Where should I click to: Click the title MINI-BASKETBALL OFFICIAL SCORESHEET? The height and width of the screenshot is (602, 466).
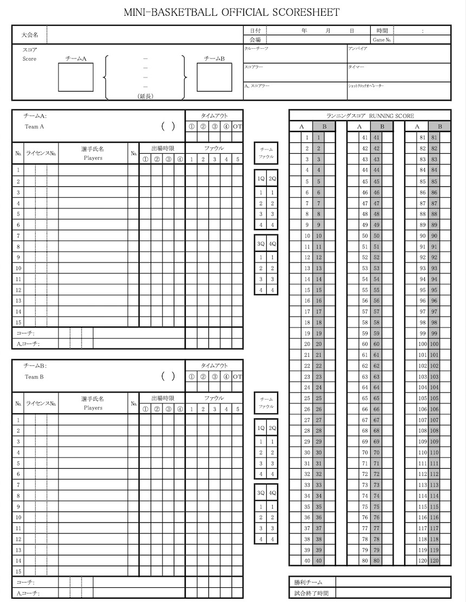click(232, 12)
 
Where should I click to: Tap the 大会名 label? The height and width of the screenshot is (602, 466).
click(30, 35)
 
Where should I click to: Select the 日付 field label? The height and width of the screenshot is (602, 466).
click(255, 30)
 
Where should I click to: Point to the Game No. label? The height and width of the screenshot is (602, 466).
click(382, 40)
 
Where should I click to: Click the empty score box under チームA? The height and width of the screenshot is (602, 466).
click(75, 77)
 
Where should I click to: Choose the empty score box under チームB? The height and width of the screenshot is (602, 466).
click(214, 77)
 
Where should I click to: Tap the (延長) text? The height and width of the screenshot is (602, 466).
click(146, 96)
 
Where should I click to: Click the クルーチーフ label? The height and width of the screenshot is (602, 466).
click(257, 49)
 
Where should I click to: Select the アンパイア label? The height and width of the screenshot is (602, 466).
click(358, 49)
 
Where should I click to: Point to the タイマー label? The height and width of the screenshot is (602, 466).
click(356, 67)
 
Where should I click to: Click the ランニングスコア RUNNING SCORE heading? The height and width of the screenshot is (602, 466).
click(370, 116)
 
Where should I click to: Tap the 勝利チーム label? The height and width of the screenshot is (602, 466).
click(309, 582)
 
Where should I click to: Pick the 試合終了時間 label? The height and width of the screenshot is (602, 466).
click(312, 593)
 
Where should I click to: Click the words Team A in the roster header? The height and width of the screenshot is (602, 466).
click(34, 127)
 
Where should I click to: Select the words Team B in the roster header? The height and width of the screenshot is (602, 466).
click(34, 377)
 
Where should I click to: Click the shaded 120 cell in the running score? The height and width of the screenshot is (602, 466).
click(434, 561)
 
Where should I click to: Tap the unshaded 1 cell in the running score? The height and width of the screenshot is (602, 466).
click(307, 138)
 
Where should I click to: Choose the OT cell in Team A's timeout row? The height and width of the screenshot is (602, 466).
click(237, 127)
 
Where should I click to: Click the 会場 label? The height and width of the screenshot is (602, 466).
click(255, 40)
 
